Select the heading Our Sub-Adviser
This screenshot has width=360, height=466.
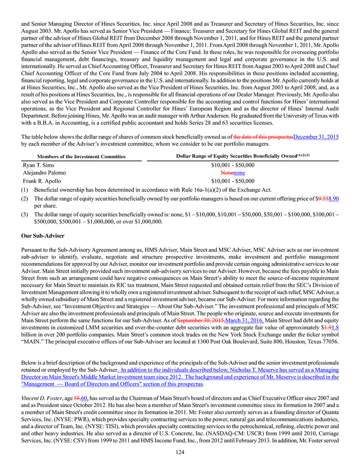pos(43,236)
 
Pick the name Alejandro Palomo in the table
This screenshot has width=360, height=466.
pos(44,173)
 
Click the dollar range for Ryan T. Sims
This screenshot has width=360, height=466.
pos(232,165)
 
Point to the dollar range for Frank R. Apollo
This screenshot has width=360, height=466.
pos(232,180)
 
